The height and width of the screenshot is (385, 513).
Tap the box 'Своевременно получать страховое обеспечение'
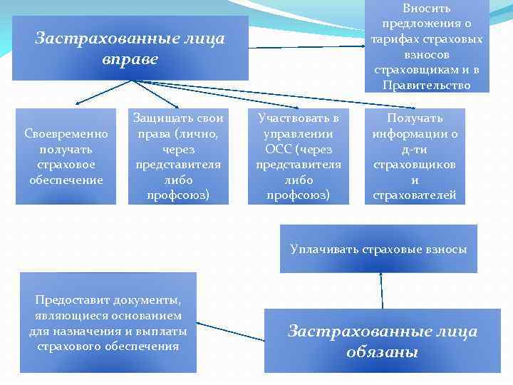[x=66, y=156]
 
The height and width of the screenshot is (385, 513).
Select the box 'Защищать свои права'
[x=178, y=156]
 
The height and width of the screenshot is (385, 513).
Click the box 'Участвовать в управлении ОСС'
[x=298, y=156]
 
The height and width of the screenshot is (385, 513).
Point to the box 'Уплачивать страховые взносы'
[x=378, y=249]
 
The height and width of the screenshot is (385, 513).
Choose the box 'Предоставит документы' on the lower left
[x=108, y=323]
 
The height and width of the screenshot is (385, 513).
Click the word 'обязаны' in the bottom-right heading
[x=382, y=352]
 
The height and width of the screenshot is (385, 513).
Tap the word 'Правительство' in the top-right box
[x=426, y=85]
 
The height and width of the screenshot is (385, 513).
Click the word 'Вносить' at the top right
[x=426, y=9]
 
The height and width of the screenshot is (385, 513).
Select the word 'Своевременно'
[x=66, y=133]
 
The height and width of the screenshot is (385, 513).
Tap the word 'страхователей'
[x=415, y=195]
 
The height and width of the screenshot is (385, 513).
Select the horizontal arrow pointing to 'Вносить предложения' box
[x=306, y=47]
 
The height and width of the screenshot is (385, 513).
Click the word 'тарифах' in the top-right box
[x=395, y=39]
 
